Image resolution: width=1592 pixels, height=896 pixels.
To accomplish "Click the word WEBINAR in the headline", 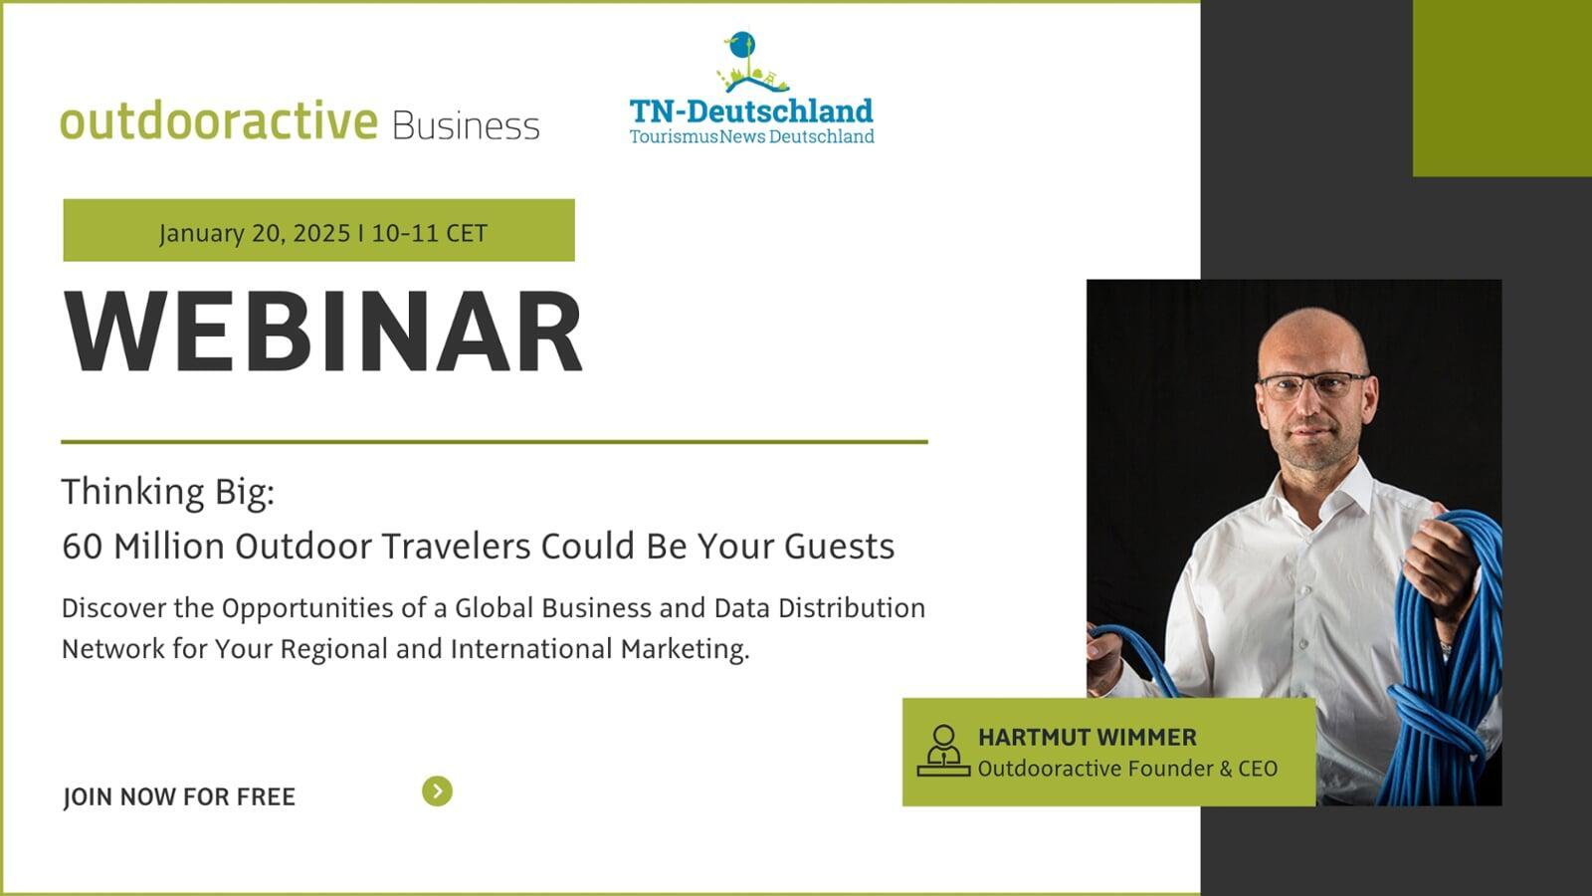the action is click(x=323, y=332).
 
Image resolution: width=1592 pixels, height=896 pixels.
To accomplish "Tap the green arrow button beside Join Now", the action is click(x=437, y=790).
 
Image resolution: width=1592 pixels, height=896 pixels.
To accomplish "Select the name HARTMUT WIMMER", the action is click(x=1088, y=738).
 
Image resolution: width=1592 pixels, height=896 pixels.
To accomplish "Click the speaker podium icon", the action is click(x=943, y=751).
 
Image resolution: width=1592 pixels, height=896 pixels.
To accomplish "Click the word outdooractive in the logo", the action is click(x=219, y=120).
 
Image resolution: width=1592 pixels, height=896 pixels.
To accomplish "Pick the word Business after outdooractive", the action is click(x=466, y=125).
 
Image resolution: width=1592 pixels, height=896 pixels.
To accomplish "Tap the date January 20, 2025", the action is click(x=255, y=233).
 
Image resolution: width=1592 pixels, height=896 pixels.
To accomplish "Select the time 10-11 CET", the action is click(x=429, y=233).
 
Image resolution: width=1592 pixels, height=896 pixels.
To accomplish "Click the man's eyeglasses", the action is click(x=1313, y=384).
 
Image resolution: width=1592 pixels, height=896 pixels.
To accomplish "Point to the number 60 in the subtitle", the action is click(x=83, y=547).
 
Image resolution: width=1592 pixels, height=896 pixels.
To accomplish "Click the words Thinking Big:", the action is click(x=168, y=492).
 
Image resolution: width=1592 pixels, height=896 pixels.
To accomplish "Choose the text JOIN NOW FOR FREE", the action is click(x=179, y=796).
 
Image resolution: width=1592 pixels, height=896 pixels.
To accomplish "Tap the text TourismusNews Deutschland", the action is click(x=752, y=136).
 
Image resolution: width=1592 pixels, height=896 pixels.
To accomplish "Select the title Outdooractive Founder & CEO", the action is click(x=1128, y=769).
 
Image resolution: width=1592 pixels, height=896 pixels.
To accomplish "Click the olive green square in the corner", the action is click(x=1502, y=89).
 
